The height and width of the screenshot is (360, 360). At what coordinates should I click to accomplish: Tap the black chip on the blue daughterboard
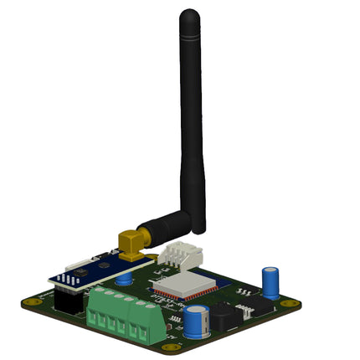pyautogui.click(x=80, y=272)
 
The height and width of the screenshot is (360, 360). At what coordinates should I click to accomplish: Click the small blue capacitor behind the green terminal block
pyautogui.click(x=124, y=280)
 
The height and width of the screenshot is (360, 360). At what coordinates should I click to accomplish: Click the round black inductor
pyautogui.click(x=221, y=316)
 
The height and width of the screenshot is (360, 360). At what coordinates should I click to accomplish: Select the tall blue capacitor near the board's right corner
pyautogui.click(x=271, y=282)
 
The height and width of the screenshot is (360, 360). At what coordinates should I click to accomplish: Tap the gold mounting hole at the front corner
pyautogui.click(x=171, y=347)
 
